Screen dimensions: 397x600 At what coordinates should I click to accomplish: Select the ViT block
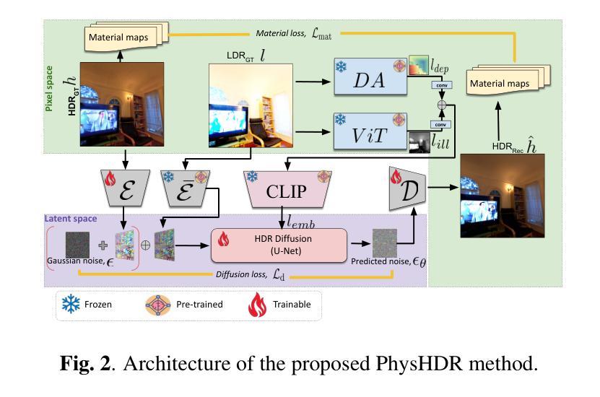369,131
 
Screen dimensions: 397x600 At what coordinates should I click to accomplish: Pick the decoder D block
406,189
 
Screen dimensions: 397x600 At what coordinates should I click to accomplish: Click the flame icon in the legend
258,304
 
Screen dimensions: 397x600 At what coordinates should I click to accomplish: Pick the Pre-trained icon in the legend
159,304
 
